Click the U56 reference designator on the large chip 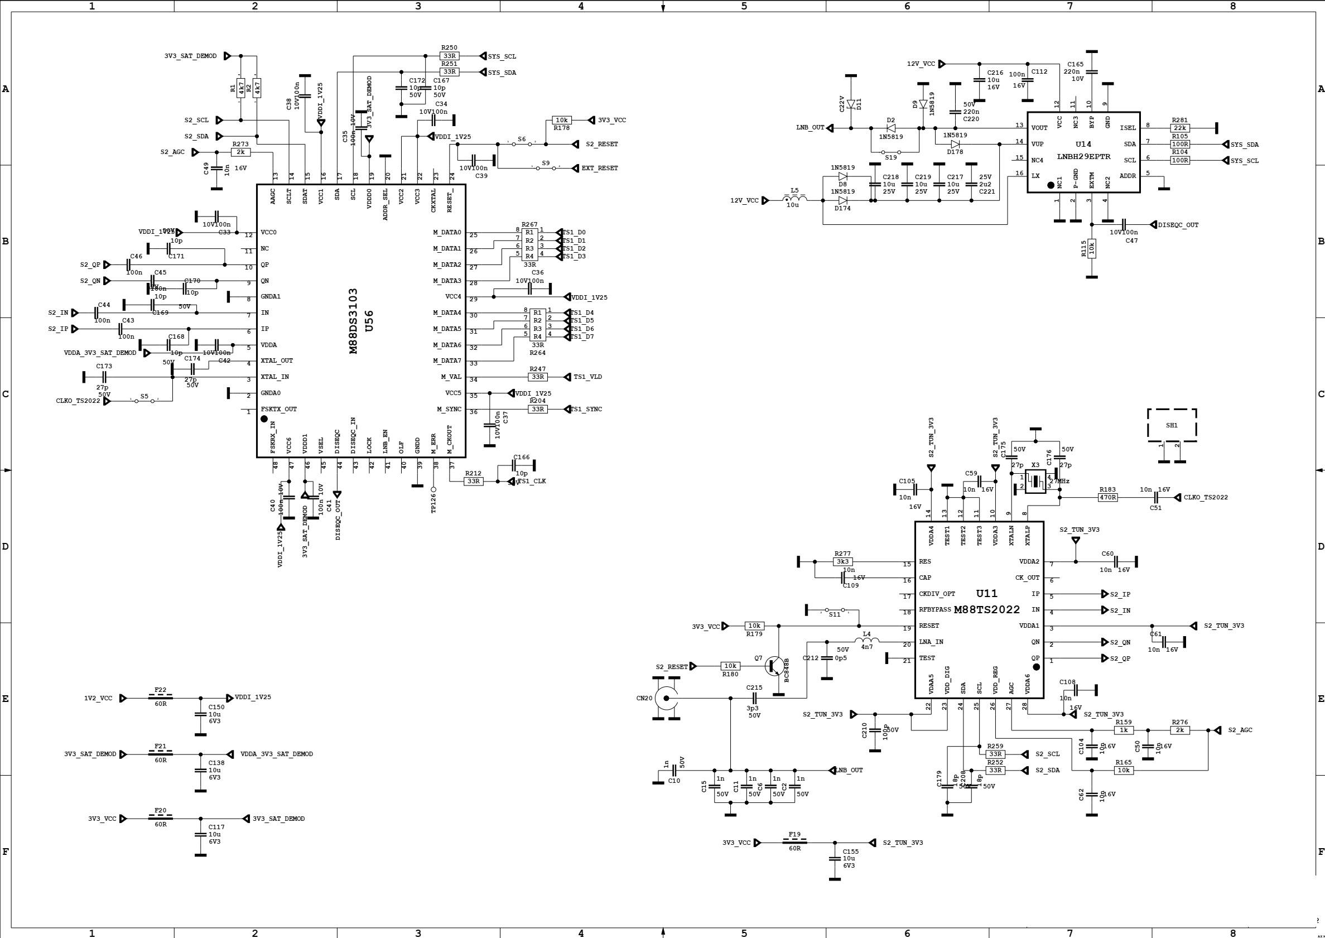(x=369, y=321)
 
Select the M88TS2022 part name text (x=987, y=610)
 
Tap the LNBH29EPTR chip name (x=1083, y=157)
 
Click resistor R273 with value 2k (x=241, y=152)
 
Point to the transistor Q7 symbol (x=775, y=666)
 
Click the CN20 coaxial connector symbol (x=666, y=698)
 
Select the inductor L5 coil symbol (x=795, y=199)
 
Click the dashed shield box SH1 (x=1172, y=425)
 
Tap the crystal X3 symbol (x=1035, y=481)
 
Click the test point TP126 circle (x=433, y=489)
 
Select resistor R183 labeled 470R (x=1107, y=497)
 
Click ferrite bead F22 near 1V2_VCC (x=161, y=698)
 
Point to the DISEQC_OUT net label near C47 (x=1178, y=225)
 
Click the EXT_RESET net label (x=599, y=168)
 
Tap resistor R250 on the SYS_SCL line (x=449, y=56)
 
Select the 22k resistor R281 (x=1179, y=128)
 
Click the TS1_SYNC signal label (x=586, y=409)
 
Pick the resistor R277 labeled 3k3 (x=842, y=561)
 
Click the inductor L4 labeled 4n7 (x=866, y=641)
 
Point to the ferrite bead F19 (x=794, y=842)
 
